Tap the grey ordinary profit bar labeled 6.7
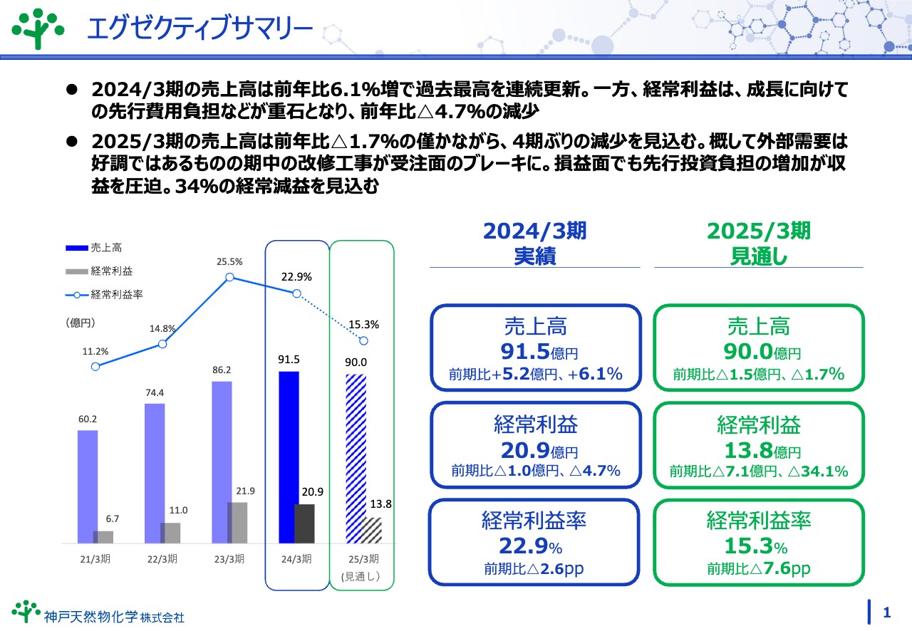click(x=103, y=537)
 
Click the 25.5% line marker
click(x=230, y=278)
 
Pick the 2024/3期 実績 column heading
click(x=534, y=243)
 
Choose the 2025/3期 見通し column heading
click(x=758, y=243)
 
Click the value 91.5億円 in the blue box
click(x=534, y=351)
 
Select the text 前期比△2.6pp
click(x=534, y=569)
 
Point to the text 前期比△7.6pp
click(x=758, y=569)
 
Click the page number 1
click(x=887, y=612)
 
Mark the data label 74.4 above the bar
click(x=155, y=392)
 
